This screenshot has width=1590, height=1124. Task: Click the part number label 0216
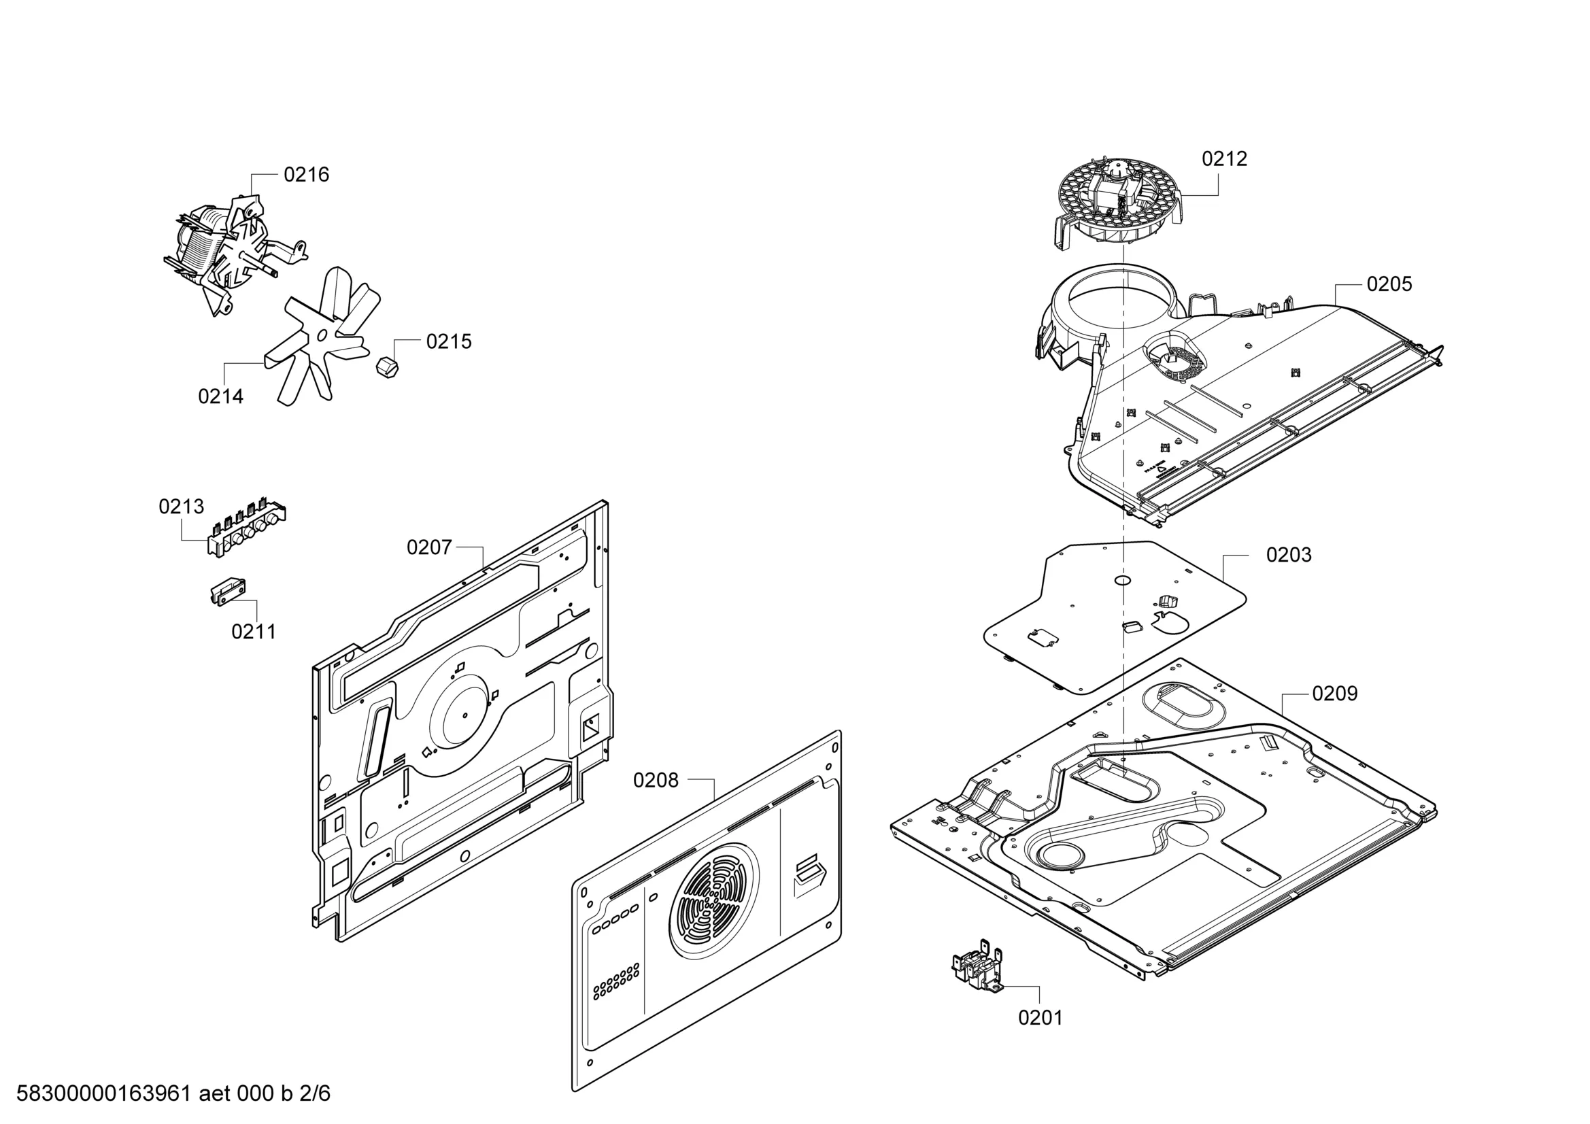306,175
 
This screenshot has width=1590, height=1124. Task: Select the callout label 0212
1224,158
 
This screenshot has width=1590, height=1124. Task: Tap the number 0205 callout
1389,284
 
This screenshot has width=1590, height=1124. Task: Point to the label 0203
1289,555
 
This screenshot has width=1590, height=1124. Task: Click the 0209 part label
1335,694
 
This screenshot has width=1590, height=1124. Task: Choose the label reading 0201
1040,1017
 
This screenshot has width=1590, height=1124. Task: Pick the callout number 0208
656,781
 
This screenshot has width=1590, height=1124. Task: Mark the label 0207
429,548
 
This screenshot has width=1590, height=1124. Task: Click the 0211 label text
254,632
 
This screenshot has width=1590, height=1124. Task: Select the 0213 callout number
182,507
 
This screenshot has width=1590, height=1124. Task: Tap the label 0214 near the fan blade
221,396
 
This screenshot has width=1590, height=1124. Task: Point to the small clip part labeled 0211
228,591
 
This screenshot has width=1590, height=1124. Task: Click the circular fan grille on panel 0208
713,901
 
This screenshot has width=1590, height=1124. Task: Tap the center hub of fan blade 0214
321,335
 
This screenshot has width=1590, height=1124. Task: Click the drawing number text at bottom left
173,1093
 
